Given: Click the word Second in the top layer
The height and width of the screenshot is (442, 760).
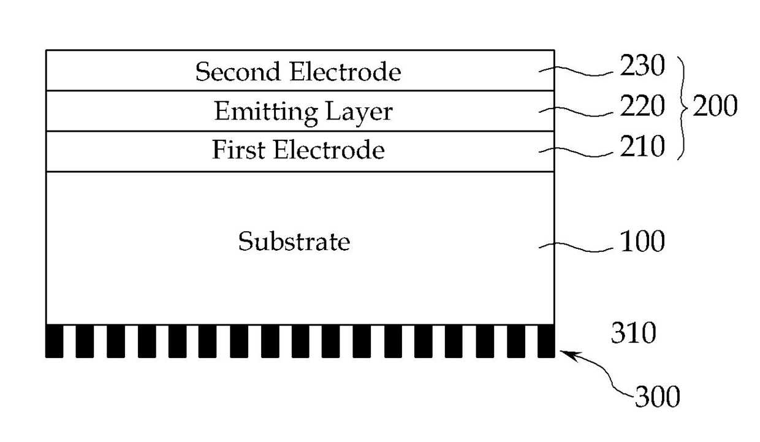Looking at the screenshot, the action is pos(238,72).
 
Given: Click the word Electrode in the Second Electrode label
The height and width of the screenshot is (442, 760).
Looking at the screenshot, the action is pos(346,72).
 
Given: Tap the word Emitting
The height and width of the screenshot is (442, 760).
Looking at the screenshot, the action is pos(267,112).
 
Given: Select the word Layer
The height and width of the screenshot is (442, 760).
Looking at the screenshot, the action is pos(359,112).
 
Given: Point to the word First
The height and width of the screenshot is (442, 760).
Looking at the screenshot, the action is pos(238,150).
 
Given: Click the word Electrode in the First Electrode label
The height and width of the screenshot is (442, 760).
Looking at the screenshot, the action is pos(329,150).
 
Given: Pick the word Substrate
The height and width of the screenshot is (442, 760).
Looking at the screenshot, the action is pos(294,242).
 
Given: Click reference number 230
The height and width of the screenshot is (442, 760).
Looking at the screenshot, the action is pos(642,65).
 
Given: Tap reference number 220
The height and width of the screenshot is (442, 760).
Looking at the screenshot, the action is pos(642,106).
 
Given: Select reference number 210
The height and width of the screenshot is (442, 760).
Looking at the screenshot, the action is pos(642,147).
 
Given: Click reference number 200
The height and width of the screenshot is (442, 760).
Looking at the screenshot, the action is pos(715,106).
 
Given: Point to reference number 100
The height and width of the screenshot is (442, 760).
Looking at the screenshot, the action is pos(642,242).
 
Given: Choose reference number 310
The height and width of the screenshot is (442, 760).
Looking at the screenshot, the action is pos(634,333).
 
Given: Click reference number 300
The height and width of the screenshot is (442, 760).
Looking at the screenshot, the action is pos(658,396).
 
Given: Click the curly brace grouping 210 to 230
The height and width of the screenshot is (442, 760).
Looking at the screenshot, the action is pos(683,108).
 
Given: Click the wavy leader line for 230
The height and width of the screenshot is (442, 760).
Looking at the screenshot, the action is pos(576,71).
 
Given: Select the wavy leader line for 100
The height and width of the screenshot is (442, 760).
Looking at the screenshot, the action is pos(576,248).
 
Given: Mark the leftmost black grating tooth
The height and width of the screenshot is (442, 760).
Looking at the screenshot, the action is pos(55,341).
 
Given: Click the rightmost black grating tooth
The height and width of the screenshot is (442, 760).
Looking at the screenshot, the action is pos(546,341).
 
